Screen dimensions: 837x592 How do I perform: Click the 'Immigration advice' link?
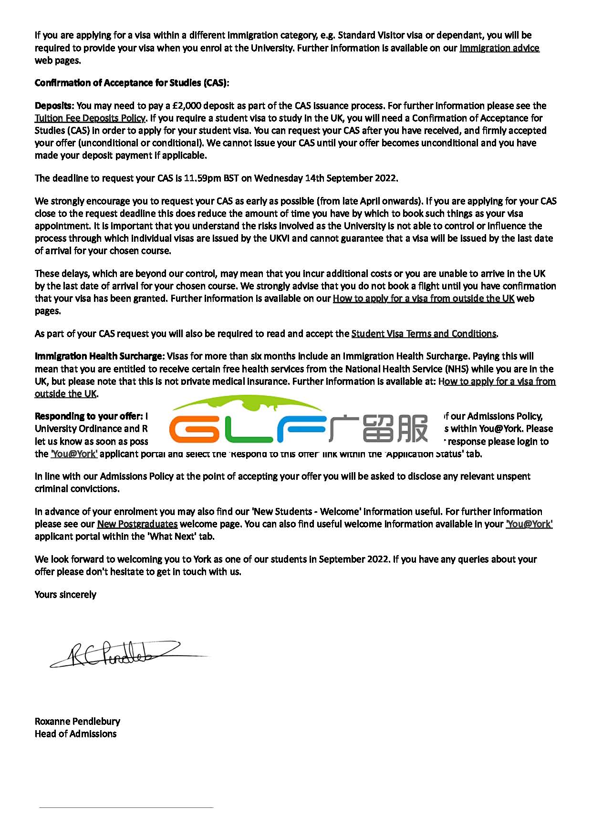pyautogui.click(x=499, y=48)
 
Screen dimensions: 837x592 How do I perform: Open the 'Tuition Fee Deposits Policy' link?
pyautogui.click(x=90, y=118)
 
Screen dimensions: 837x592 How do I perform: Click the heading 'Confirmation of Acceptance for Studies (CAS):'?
pyautogui.click(x=132, y=83)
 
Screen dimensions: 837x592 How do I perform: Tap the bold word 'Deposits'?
pyautogui.click(x=53, y=106)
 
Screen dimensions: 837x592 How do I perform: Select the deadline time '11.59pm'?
pyautogui.click(x=202, y=178)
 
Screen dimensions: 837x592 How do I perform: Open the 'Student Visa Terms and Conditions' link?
pyautogui.click(x=424, y=334)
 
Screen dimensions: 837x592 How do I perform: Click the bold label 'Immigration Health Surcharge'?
pyautogui.click(x=98, y=356)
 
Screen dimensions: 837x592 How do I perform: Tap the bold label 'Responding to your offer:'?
pyautogui.click(x=89, y=416)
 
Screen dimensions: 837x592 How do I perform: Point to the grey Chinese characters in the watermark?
pyautogui.click(x=379, y=429)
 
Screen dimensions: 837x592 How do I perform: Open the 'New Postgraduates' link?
pyautogui.click(x=137, y=524)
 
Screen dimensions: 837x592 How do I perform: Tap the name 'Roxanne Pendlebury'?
pyautogui.click(x=77, y=722)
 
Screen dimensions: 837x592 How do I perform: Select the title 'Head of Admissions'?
pyautogui.click(x=75, y=734)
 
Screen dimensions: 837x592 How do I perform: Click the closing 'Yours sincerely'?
pyautogui.click(x=65, y=595)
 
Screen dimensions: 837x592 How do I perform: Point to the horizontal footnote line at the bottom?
pyautogui.click(x=126, y=807)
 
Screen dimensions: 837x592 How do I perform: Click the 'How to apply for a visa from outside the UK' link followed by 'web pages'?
pyautogui.click(x=423, y=299)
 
